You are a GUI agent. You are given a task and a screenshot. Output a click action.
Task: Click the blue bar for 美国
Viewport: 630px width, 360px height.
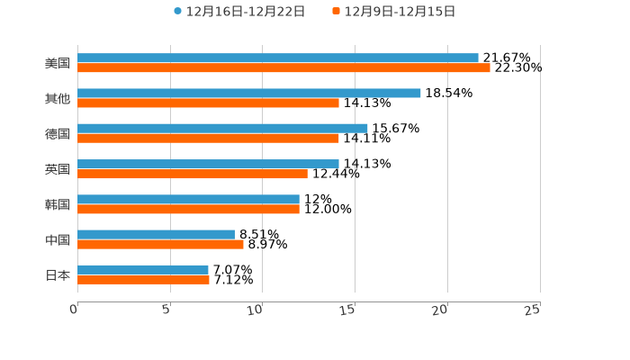click(x=278, y=58)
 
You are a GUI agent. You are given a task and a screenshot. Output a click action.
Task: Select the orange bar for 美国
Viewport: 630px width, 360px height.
click(x=283, y=67)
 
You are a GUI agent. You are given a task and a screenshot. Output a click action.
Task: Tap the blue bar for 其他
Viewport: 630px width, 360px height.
click(x=249, y=93)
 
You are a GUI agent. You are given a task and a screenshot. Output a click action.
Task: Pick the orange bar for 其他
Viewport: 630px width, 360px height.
click(x=208, y=103)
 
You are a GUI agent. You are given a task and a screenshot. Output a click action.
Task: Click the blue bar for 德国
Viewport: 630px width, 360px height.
click(x=222, y=128)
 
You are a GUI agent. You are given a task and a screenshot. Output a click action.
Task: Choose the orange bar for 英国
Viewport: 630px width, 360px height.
click(x=193, y=174)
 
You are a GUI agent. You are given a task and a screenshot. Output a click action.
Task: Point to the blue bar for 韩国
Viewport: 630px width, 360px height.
click(x=188, y=199)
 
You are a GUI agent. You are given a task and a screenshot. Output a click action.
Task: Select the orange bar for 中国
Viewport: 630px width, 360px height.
click(x=160, y=244)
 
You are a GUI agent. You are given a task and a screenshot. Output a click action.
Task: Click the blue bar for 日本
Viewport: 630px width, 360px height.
click(x=143, y=269)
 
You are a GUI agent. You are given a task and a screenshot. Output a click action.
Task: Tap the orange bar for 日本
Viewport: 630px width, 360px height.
click(x=143, y=279)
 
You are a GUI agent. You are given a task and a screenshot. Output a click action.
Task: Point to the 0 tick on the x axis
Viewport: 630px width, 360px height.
click(x=75, y=310)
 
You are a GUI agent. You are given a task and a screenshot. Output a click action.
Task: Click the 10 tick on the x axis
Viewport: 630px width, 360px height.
click(x=257, y=310)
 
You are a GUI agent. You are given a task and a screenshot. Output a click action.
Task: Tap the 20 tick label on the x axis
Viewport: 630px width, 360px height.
click(x=440, y=310)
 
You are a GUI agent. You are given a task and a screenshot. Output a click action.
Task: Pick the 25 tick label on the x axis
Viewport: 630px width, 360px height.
click(x=532, y=310)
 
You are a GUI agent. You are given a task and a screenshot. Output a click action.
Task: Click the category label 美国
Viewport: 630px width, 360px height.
click(x=58, y=63)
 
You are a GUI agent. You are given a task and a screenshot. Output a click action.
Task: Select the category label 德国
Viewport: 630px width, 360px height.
click(x=58, y=133)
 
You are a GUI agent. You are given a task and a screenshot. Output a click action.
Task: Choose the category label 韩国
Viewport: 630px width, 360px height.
click(x=58, y=204)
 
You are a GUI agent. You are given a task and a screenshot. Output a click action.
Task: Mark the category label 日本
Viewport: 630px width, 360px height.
click(x=58, y=274)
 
